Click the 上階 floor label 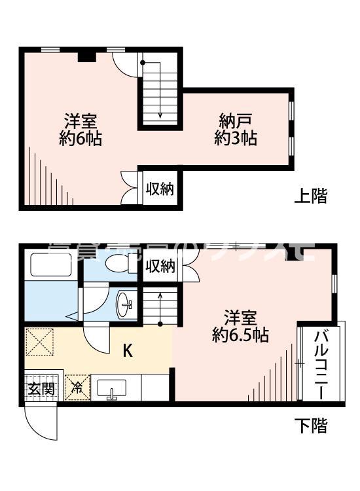click(x=310, y=196)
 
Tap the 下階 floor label click(x=310, y=426)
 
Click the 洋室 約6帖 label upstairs click(x=81, y=130)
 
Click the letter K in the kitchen click(x=128, y=351)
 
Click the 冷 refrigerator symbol click(x=77, y=387)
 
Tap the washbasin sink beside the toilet click(x=126, y=303)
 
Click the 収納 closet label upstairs click(x=160, y=190)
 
